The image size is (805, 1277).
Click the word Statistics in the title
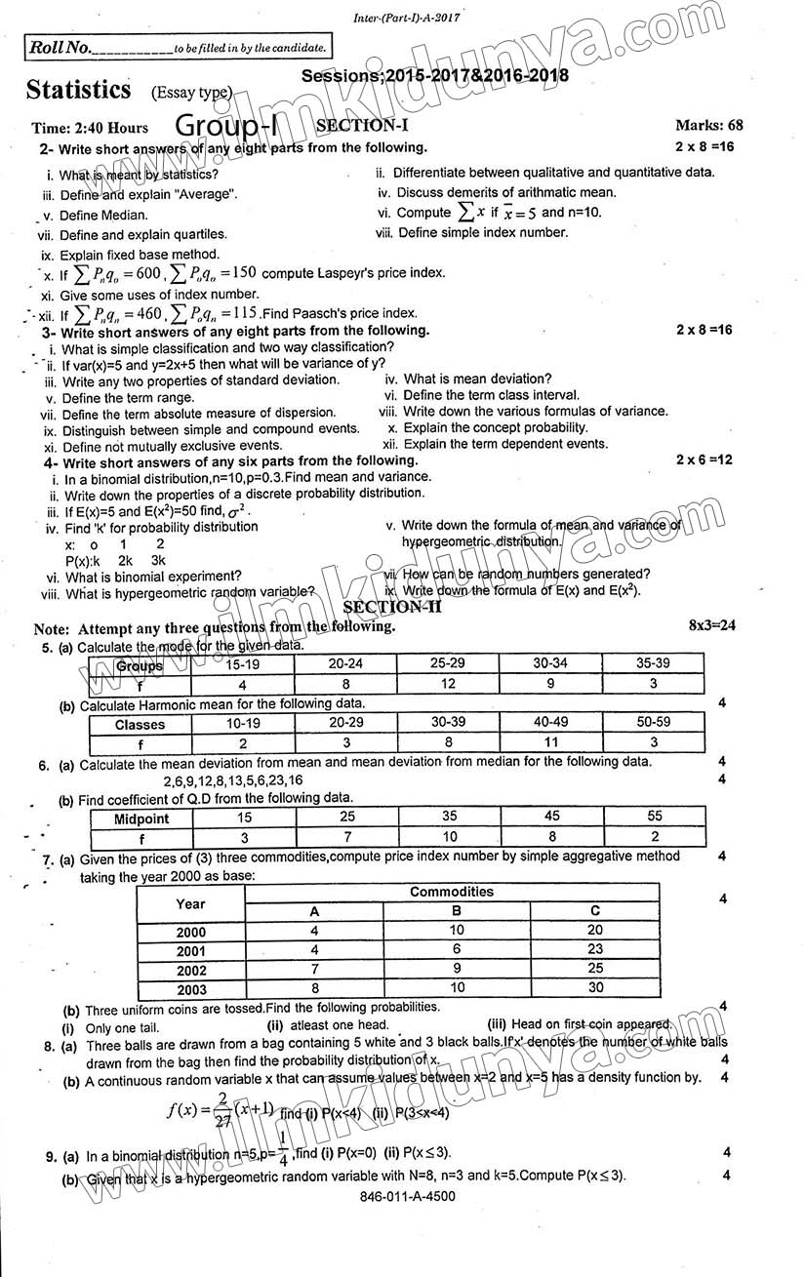(79, 90)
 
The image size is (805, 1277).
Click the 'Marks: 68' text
(708, 125)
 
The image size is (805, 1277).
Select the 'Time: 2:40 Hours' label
(90, 128)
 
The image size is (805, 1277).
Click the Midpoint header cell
(141, 818)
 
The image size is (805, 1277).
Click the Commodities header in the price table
(451, 892)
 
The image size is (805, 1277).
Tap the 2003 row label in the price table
(190, 989)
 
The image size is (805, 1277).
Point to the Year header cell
(190, 903)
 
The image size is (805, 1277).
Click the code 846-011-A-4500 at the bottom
(406, 1196)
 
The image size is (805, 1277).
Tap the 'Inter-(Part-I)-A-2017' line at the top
(405, 18)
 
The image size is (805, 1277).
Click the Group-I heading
(239, 125)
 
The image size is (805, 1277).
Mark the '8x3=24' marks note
(711, 625)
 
